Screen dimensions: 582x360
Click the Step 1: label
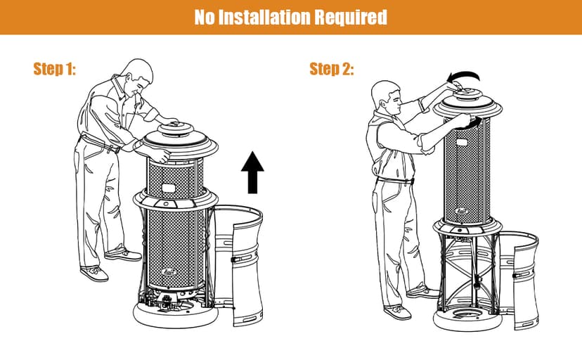[55, 69]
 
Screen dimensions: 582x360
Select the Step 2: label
[332, 69]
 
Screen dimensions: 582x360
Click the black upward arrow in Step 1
[252, 172]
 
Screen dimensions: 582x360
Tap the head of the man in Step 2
[386, 97]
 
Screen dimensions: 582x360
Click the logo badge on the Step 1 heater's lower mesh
[169, 272]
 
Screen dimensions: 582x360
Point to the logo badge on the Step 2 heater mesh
[461, 211]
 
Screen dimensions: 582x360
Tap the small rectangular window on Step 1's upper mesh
[169, 188]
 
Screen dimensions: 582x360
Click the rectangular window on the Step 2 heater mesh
[462, 143]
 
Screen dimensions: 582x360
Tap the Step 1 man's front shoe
[94, 274]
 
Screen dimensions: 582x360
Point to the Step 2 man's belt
[395, 181]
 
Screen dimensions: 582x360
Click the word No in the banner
[204, 17]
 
